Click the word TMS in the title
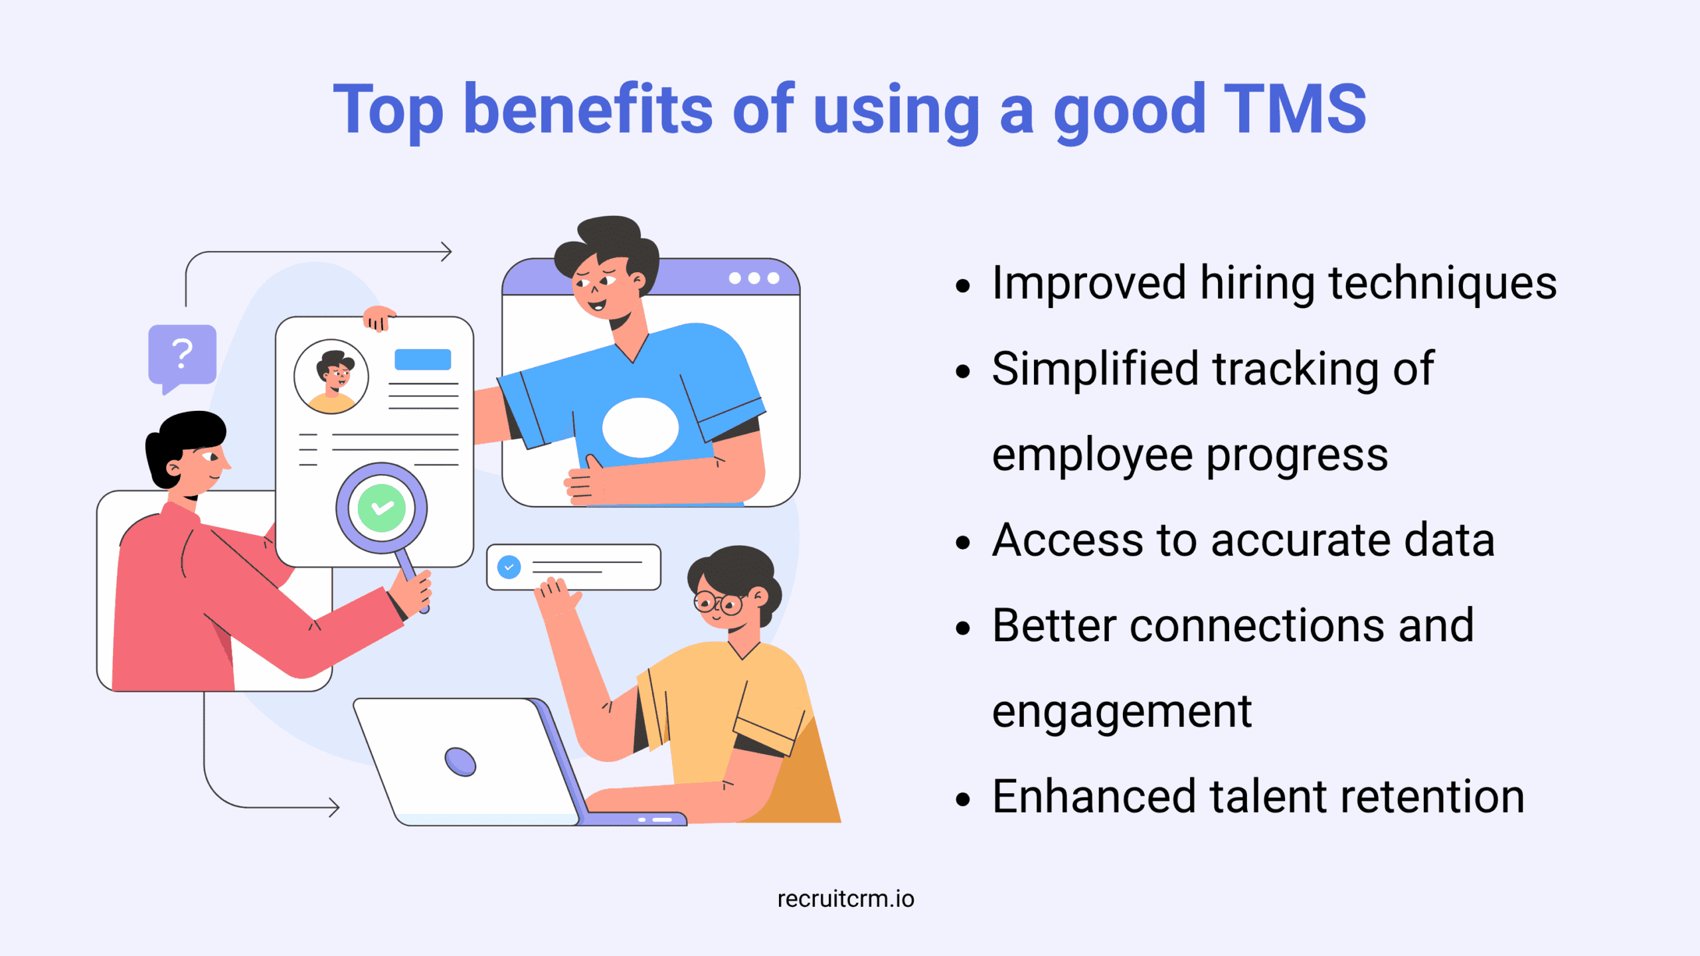[x=1294, y=110]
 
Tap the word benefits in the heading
[x=588, y=110]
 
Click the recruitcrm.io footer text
[x=845, y=899]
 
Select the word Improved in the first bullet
[x=1088, y=283]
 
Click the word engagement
[x=1122, y=712]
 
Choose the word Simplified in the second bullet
[x=1095, y=369]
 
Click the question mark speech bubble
[x=182, y=355]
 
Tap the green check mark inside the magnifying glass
[x=382, y=508]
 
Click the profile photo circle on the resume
[x=331, y=376]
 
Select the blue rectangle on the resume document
[x=422, y=359]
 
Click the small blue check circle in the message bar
[x=509, y=567]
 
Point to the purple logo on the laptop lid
[x=460, y=761]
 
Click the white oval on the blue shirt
[x=640, y=428]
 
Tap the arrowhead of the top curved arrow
[x=448, y=252]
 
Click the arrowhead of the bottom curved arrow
[x=335, y=807]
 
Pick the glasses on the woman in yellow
[x=718, y=603]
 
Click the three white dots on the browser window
[x=754, y=278]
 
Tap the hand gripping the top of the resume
[x=379, y=317]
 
